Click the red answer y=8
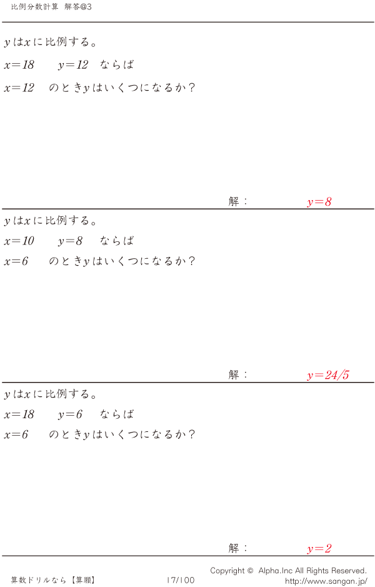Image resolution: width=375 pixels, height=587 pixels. (x=319, y=202)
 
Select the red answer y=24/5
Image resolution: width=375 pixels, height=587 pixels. (x=327, y=375)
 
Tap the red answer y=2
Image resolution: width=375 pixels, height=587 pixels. (x=319, y=549)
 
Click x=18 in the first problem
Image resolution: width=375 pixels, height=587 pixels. (x=19, y=65)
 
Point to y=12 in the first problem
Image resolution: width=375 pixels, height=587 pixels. (x=73, y=65)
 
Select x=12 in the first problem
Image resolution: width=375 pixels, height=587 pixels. (x=19, y=88)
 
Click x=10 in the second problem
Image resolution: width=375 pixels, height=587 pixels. (x=19, y=241)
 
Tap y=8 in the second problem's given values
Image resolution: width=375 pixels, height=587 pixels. (x=70, y=241)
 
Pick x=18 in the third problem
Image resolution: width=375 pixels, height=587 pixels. (x=19, y=414)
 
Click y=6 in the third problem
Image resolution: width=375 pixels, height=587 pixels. (x=70, y=414)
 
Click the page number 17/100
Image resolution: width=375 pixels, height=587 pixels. (x=181, y=580)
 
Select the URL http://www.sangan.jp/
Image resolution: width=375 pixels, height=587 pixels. (x=326, y=581)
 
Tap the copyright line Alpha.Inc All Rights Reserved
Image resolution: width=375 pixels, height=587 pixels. (x=288, y=570)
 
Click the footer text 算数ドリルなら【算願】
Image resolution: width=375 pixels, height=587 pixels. (x=53, y=580)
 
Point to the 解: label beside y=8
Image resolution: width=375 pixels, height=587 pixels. (x=238, y=201)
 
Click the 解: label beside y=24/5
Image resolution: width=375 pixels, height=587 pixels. (x=238, y=374)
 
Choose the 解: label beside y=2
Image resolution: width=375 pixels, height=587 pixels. (x=238, y=548)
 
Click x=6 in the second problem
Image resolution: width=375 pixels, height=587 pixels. (x=16, y=261)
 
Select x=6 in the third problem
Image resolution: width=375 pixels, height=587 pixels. (x=16, y=434)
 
